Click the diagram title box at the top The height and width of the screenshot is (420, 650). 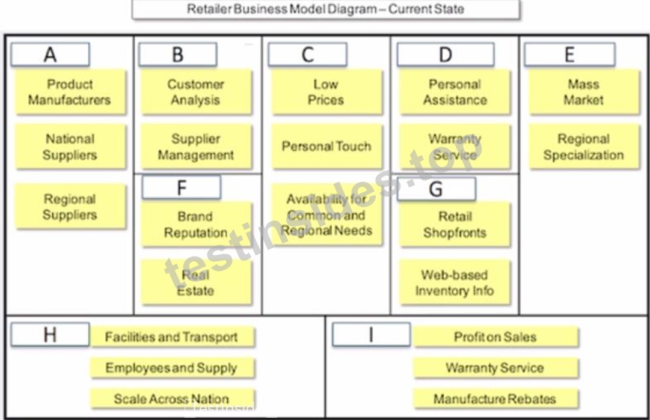coord(325,9)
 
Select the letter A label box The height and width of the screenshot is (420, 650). coord(50,54)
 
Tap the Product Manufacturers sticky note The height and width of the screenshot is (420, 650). coord(70,92)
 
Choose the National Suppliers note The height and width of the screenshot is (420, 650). coord(70,147)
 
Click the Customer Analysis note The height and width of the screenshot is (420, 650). coord(196,92)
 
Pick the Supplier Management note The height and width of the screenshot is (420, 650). coord(196,147)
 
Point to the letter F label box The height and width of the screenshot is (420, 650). coord(181,187)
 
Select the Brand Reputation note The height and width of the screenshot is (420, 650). coord(196,225)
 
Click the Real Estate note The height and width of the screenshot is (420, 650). coord(196,282)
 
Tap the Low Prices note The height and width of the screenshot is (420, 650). coord(327,92)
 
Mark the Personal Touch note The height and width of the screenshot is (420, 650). coord(327,147)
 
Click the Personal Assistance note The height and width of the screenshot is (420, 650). coord(455,92)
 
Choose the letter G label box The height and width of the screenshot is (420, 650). coord(436,189)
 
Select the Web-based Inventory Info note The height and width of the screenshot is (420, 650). coord(455,282)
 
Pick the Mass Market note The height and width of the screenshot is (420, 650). coord(584,92)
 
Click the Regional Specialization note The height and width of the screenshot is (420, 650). coord(584,147)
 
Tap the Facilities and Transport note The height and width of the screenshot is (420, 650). coord(172,336)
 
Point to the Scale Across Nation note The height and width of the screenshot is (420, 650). coord(172,398)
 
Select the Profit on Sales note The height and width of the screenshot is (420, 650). coord(495,336)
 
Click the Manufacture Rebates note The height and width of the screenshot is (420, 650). coord(495,398)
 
